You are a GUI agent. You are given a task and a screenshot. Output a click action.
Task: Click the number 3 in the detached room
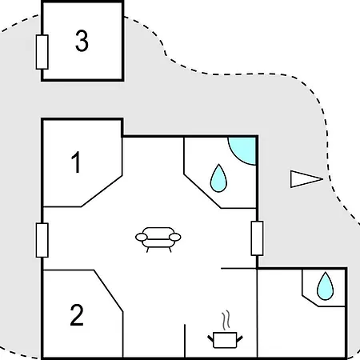pos(82,41)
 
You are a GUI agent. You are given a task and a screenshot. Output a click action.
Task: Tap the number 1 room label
pos(76,162)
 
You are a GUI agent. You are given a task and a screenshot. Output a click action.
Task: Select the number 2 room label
pos(77,315)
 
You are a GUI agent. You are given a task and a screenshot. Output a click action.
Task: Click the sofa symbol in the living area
pos(158,239)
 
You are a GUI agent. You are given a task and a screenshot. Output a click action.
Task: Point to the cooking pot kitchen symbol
pos(225,340)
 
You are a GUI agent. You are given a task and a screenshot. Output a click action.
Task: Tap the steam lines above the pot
pos(226,320)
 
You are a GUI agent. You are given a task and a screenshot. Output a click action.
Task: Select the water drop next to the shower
pos(218,178)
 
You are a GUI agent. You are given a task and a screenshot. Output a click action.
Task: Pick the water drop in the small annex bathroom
pos(325,286)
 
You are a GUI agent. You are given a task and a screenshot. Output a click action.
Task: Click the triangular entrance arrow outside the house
pos(306,179)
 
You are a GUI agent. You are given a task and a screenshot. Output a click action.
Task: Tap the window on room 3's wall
pos(42,52)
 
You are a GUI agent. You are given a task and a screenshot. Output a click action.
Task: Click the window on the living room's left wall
pos(42,240)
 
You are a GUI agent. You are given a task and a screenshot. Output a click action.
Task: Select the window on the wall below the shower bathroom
pos(257,238)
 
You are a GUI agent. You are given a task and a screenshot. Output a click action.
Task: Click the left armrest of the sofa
pos(142,237)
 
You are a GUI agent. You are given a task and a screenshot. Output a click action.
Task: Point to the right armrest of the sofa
pos(175,237)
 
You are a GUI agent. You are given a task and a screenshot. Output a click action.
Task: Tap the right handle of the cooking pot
pos(239,339)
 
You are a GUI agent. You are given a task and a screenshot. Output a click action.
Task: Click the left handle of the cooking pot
pos(210,339)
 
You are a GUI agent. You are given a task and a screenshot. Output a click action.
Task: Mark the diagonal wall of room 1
pos(102,191)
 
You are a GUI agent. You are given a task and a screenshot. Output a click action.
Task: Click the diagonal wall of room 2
pos(108,291)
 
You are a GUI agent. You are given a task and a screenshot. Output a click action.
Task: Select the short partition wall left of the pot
pos(185,341)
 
